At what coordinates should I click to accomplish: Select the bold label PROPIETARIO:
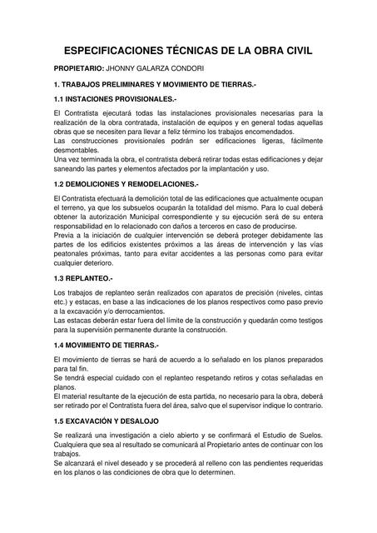(x=78, y=68)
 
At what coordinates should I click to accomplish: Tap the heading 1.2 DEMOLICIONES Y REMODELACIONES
(x=126, y=183)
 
